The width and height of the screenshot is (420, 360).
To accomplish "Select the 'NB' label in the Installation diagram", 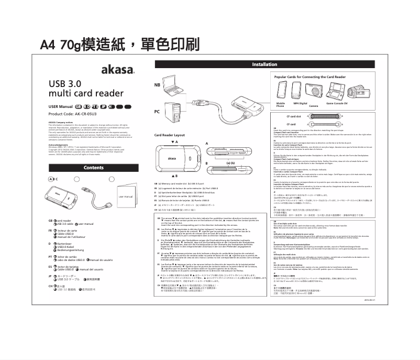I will coord(157,85).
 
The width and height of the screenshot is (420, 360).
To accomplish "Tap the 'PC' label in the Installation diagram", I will coord(157,112).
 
